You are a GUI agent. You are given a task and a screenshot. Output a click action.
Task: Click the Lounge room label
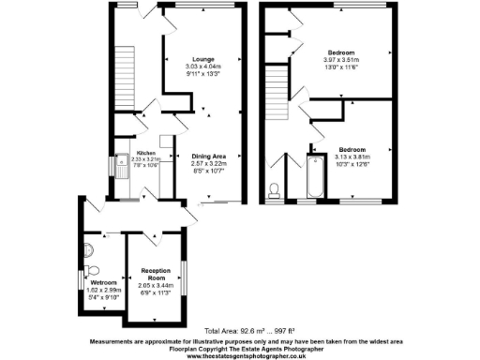coord(205,58)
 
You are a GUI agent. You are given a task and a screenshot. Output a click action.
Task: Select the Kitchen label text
coord(145,153)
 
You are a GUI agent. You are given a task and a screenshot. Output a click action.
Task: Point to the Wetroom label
coord(102,282)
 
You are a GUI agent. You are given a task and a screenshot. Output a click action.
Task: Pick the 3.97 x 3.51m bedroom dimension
coord(346,60)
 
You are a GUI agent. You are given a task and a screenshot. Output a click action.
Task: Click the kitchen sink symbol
coord(122,167)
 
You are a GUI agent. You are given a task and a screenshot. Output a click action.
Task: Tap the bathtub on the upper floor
coord(314,176)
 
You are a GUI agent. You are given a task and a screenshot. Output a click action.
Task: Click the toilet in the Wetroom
coord(87,250)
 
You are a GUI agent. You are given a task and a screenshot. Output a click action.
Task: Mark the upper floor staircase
coord(276,88)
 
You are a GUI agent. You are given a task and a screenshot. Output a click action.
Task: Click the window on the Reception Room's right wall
coord(185,278)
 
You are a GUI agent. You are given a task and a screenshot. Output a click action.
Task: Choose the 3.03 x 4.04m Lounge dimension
coord(205,67)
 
